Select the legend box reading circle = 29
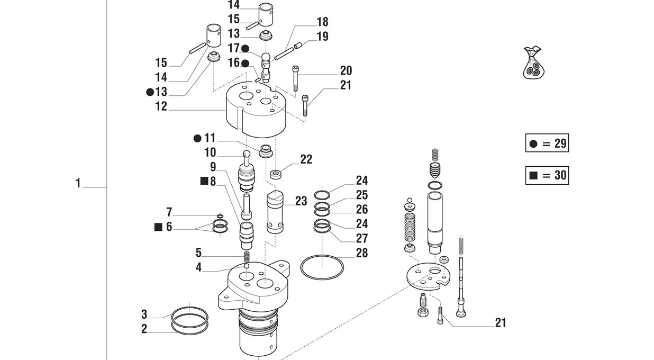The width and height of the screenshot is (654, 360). click(547, 143)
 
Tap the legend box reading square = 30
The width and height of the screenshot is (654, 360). click(547, 175)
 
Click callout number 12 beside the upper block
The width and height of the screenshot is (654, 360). click(161, 106)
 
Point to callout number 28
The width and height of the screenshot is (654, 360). click(361, 253)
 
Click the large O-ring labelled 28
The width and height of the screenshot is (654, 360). click(322, 267)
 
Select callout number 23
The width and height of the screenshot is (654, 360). click(301, 201)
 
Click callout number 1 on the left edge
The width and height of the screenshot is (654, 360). click(78, 184)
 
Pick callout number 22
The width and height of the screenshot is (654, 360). click(306, 159)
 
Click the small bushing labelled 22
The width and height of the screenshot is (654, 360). click(275, 174)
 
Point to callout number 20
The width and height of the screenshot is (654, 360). click(346, 70)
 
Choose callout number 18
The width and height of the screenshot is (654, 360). click(322, 22)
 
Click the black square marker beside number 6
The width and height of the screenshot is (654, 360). click(158, 227)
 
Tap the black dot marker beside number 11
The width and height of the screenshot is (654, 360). click(197, 138)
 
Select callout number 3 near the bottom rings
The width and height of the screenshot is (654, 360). click(144, 314)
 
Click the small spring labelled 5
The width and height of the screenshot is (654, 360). click(247, 256)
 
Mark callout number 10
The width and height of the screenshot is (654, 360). click(210, 153)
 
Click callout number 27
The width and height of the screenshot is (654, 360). click(361, 238)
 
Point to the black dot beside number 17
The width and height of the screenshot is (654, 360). click(245, 49)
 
